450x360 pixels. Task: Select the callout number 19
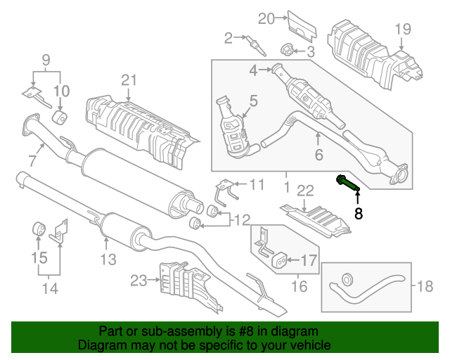(x=401, y=29)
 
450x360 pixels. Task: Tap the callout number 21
(x=127, y=80)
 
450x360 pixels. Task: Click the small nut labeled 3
(x=287, y=50)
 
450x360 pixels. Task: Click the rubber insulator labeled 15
(x=40, y=229)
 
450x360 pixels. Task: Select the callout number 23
(x=139, y=281)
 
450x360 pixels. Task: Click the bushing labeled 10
(x=60, y=116)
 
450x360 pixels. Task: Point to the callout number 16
(x=300, y=286)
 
